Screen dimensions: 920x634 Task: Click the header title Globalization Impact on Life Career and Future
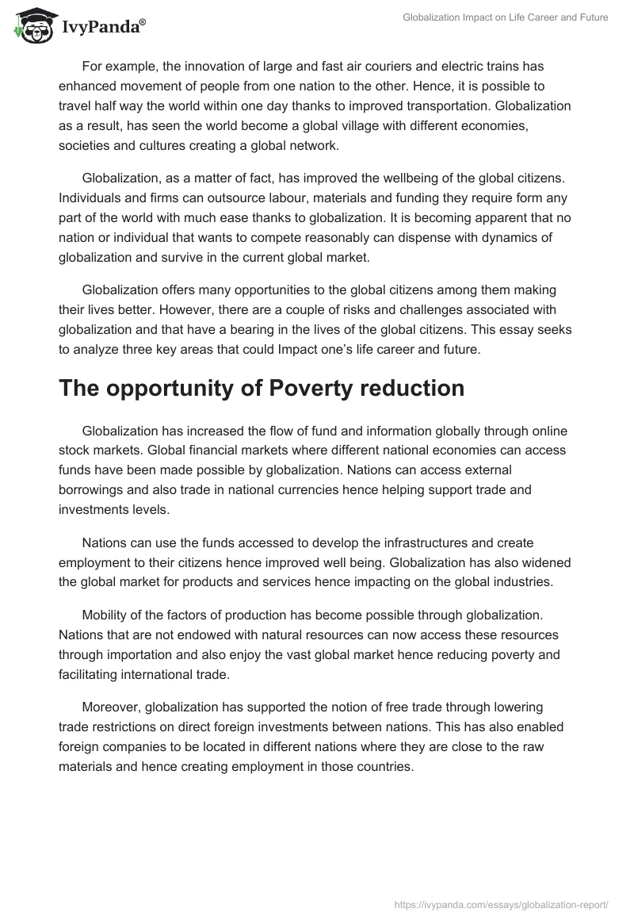(505, 17)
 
